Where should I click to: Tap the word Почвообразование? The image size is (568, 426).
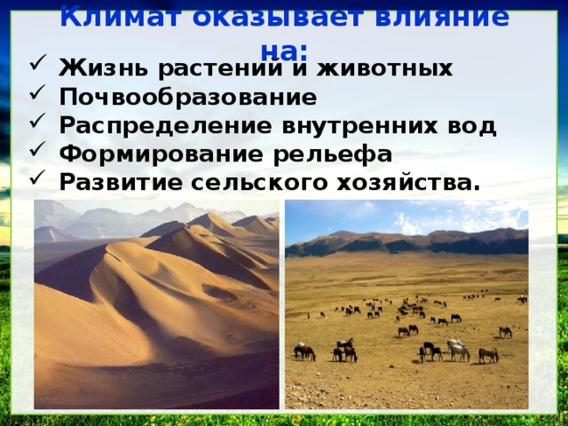(x=187, y=97)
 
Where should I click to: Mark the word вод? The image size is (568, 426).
(x=475, y=125)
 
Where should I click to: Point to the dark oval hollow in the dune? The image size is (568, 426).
(x=217, y=292)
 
